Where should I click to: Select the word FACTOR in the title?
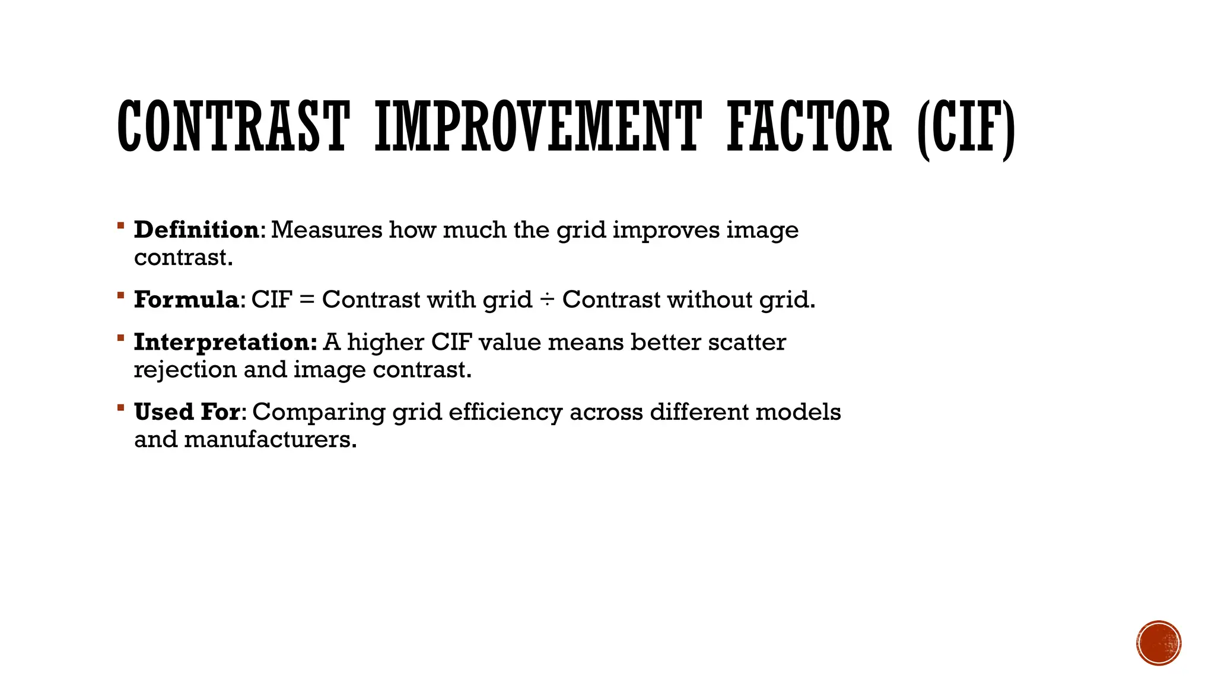[x=809, y=126]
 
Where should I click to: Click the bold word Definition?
[x=196, y=230]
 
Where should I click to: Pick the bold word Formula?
[x=186, y=299]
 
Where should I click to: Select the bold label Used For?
[x=187, y=412]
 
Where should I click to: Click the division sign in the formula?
[x=547, y=300]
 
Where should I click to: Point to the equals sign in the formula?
[x=307, y=300]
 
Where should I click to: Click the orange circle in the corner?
[x=1159, y=643]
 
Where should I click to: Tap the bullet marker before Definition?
[x=120, y=225]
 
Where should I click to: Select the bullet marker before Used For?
[x=120, y=407]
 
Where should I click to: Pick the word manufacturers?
[x=270, y=440]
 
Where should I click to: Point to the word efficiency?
[x=505, y=412]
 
